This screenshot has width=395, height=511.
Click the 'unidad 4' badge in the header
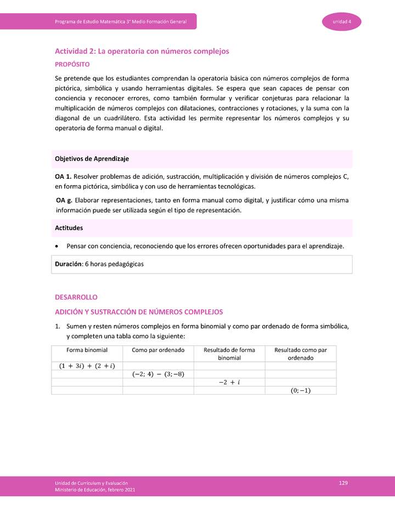click(x=341, y=21)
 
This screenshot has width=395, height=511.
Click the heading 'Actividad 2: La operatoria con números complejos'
click(x=142, y=51)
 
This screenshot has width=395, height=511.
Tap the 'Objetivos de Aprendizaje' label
click(x=92, y=159)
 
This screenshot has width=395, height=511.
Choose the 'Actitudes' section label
click(x=70, y=228)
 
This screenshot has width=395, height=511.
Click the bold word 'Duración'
click(x=68, y=264)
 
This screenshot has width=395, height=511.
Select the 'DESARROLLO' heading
click(x=76, y=297)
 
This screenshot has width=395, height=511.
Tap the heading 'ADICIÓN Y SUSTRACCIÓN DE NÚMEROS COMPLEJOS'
click(x=139, y=312)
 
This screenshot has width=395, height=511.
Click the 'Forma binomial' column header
click(x=87, y=350)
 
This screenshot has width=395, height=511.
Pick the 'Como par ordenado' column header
click(x=158, y=350)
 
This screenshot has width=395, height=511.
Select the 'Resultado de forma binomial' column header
click(x=229, y=354)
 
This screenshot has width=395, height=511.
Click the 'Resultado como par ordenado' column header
click(x=301, y=354)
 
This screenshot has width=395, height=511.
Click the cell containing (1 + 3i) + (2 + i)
click(x=87, y=366)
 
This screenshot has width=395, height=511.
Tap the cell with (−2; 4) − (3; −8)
click(x=158, y=374)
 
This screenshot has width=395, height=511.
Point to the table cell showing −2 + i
click(x=229, y=383)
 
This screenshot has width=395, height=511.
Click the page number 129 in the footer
click(x=343, y=482)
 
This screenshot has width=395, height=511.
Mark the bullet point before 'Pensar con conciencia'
click(x=58, y=246)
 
